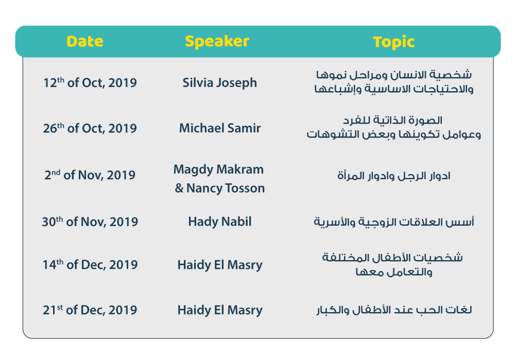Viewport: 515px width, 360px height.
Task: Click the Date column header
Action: (85, 41)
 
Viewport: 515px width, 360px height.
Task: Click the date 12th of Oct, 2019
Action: (90, 83)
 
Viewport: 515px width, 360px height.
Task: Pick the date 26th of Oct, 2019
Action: (90, 128)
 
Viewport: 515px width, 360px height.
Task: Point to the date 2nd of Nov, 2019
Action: (90, 175)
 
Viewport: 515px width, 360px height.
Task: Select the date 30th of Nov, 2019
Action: (90, 221)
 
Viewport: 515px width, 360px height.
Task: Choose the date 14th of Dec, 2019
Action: (90, 264)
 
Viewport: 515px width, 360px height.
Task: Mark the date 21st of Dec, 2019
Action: (90, 310)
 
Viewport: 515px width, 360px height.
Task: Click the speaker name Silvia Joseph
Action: (220, 83)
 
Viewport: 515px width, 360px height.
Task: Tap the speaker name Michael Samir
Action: (220, 128)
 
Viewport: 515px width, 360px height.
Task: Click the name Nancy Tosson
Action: (226, 188)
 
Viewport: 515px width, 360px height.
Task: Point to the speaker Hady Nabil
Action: (220, 222)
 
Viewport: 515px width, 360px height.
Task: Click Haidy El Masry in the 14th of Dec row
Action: (220, 265)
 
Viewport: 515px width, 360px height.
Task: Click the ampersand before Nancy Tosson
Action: (179, 188)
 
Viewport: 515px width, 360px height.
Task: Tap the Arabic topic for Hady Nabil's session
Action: (394, 222)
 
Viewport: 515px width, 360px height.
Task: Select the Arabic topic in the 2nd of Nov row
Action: (394, 176)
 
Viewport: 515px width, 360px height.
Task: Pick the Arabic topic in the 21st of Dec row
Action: (394, 310)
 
